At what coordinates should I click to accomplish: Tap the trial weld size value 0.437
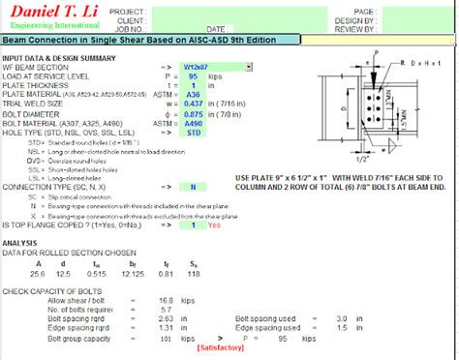coord(192,104)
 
